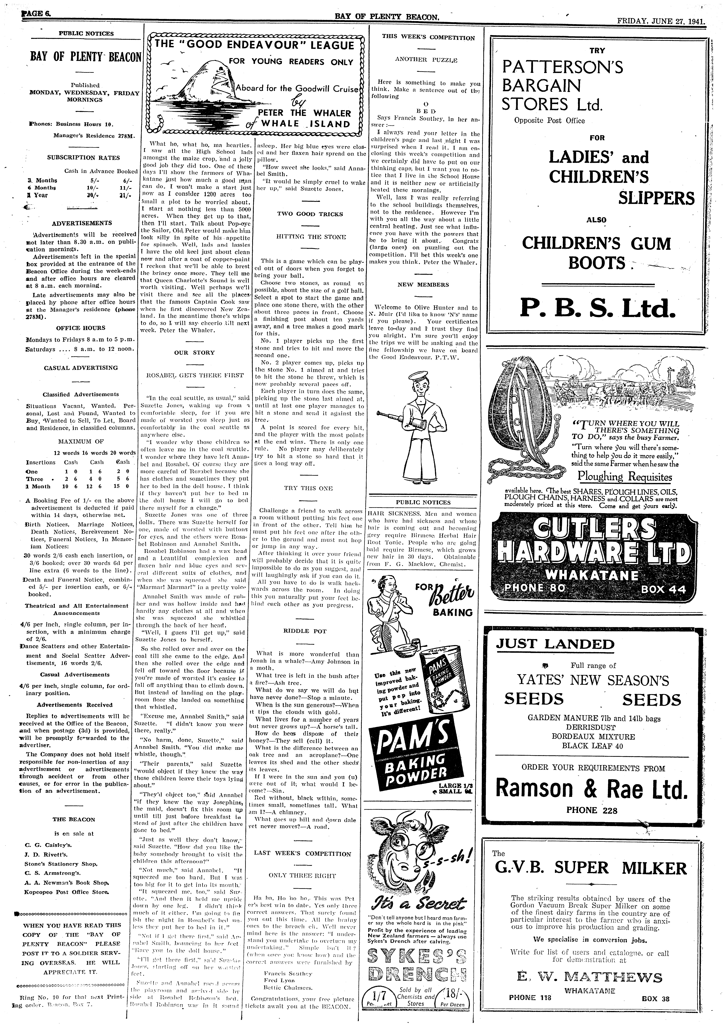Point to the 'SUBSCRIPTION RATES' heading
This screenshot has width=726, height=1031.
coord(84,158)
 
